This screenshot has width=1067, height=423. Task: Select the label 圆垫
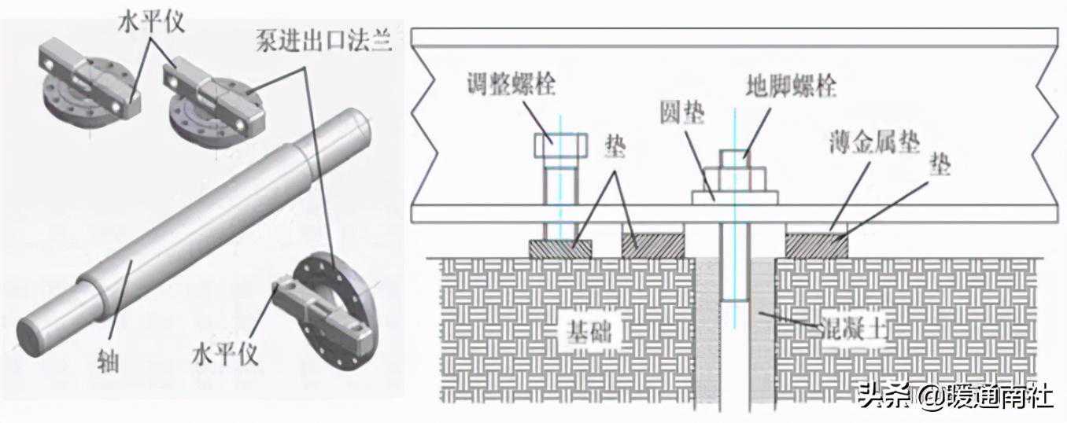[x=681, y=116]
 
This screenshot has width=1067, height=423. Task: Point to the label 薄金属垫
[x=874, y=143]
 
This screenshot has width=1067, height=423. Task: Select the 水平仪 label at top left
[x=152, y=21]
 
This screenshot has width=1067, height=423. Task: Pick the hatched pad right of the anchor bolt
[x=817, y=245]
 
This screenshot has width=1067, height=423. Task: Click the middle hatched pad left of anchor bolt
[x=652, y=245]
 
